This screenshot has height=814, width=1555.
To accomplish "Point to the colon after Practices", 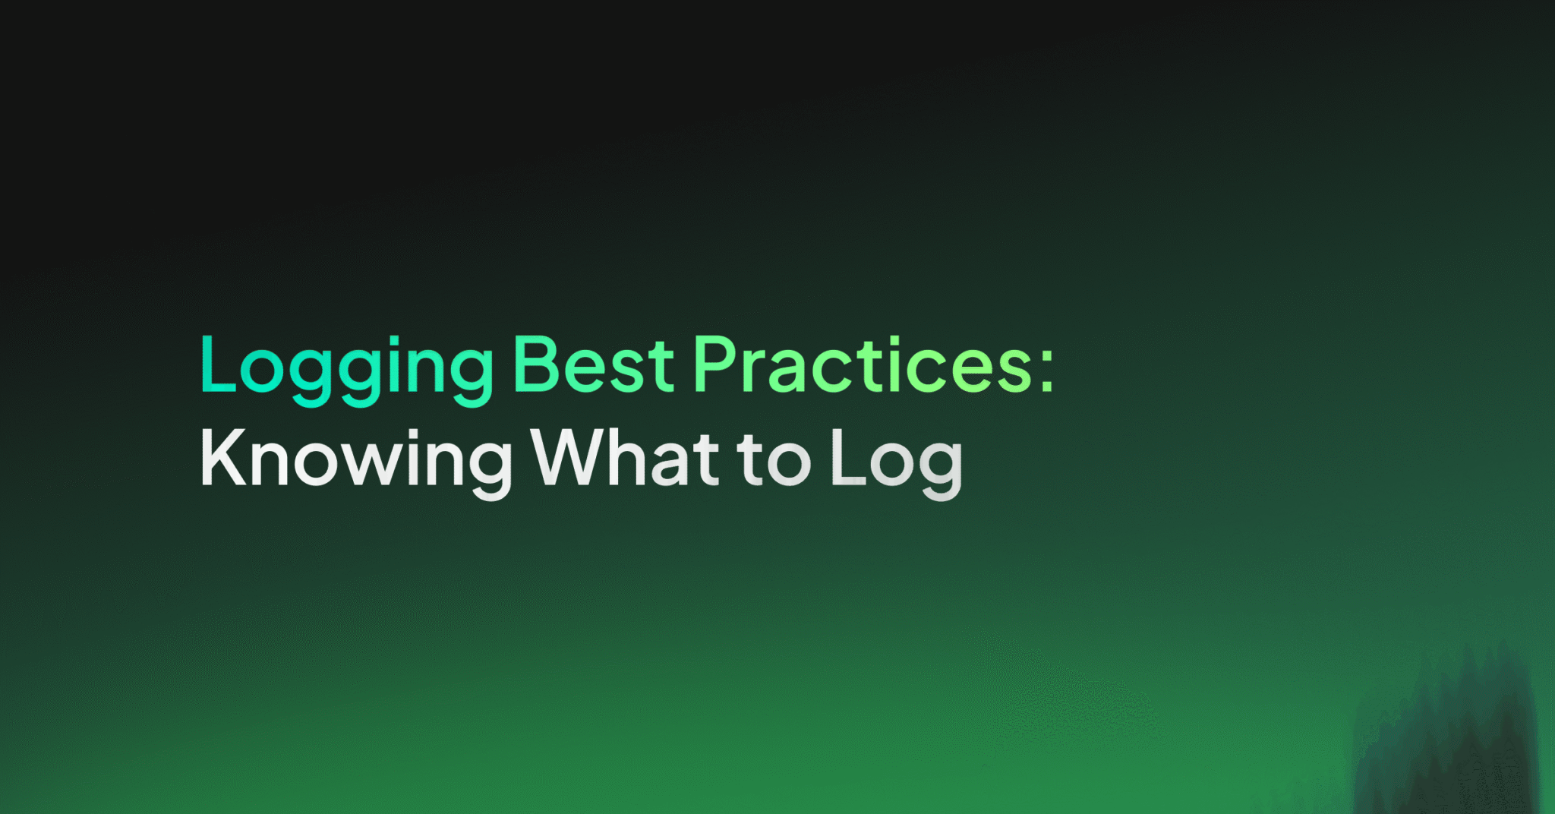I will [1047, 371].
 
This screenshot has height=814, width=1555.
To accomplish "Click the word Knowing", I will [355, 460].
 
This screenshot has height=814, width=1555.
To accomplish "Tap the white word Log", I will [896, 460].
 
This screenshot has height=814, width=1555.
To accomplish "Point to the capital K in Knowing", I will [222, 457].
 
